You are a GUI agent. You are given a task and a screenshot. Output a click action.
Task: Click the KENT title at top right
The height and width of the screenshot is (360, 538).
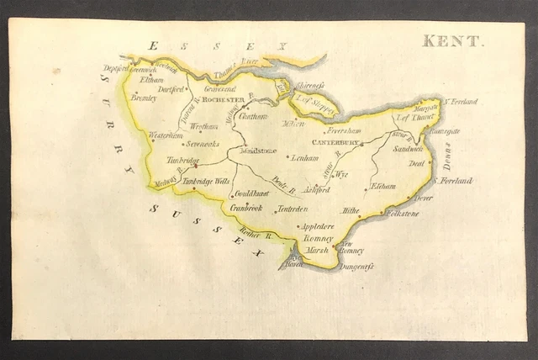pos(452,40)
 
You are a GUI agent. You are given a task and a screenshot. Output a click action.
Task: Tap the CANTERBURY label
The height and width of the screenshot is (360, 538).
pos(336,143)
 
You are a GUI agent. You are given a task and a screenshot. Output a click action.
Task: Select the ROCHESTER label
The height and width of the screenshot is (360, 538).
pos(218,100)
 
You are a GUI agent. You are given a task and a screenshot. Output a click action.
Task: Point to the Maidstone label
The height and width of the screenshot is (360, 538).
pos(258,151)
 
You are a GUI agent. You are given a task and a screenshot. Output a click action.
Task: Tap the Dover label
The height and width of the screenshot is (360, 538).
pos(423,198)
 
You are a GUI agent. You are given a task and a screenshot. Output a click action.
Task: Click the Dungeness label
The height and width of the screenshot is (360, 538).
pos(357,267)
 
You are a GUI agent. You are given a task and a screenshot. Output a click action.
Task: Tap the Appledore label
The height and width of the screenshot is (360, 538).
pos(317,226)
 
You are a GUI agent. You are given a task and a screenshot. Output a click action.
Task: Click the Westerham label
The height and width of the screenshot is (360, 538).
pos(166,135)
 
